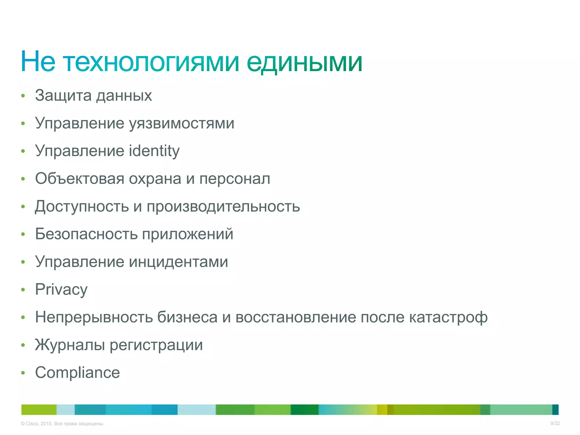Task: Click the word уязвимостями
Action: [182, 124]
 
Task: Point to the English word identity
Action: [154, 151]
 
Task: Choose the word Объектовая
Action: [80, 179]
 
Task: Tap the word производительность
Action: [223, 206]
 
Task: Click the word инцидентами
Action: [178, 262]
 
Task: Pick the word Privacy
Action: [61, 290]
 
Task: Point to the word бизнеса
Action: [187, 317]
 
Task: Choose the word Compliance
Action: [77, 373]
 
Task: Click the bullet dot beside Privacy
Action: [23, 290]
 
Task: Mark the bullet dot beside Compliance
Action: [23, 373]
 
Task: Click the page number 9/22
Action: [555, 423]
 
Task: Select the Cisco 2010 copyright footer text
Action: [63, 424]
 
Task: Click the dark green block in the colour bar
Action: [304, 410]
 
